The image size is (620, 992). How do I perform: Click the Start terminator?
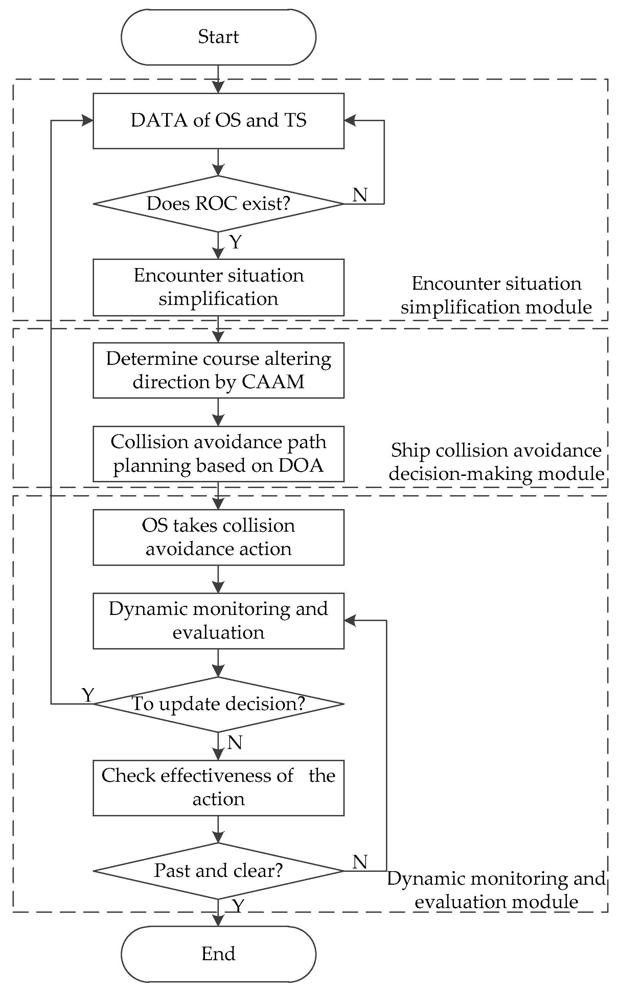[219, 37]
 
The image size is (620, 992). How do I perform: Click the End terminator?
[219, 954]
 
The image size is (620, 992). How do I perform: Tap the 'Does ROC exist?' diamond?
[219, 204]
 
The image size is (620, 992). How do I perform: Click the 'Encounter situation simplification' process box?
[219, 287]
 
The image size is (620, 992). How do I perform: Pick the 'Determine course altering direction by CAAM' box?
[219, 371]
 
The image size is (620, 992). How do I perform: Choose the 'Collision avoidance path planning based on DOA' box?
[219, 454]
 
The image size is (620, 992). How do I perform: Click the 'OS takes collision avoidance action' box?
[219, 537]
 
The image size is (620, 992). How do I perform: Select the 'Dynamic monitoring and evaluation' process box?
[219, 621]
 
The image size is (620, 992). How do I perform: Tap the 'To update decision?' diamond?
[219, 704]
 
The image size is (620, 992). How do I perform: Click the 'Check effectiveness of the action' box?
[219, 788]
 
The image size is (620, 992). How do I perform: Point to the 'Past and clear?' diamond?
[219, 871]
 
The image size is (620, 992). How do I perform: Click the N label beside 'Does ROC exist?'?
[360, 195]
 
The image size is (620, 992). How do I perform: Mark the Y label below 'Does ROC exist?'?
[236, 242]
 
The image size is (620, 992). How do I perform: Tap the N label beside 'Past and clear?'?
[360, 862]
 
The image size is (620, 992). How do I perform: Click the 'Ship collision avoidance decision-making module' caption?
[496, 462]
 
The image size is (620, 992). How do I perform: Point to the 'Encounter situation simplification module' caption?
[496, 295]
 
